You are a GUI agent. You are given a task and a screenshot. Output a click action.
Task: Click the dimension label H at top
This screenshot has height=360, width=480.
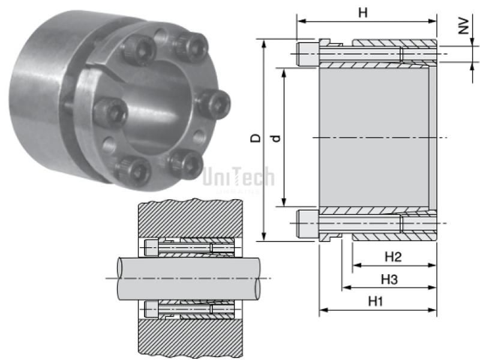362,12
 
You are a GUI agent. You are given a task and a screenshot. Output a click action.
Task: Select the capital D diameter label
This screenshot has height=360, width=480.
255,138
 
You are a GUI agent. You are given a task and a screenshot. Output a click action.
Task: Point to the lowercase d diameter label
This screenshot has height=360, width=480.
275,138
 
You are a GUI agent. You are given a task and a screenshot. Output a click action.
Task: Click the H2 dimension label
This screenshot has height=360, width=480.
393,257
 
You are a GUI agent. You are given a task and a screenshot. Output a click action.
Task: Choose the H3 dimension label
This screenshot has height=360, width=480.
389,280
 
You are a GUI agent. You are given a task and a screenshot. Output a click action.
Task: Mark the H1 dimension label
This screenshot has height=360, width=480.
376,301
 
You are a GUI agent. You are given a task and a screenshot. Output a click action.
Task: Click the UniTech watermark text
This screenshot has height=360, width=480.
238,178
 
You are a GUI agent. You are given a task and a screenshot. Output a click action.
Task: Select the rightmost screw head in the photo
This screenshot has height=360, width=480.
215,103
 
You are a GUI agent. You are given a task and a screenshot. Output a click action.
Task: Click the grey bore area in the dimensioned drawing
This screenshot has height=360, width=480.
373,137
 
